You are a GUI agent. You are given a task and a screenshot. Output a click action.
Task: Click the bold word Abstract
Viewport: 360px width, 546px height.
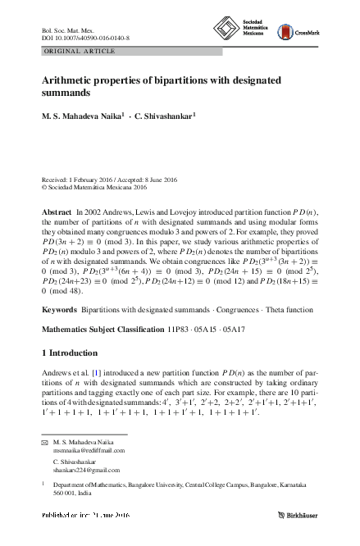(x=56, y=212)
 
